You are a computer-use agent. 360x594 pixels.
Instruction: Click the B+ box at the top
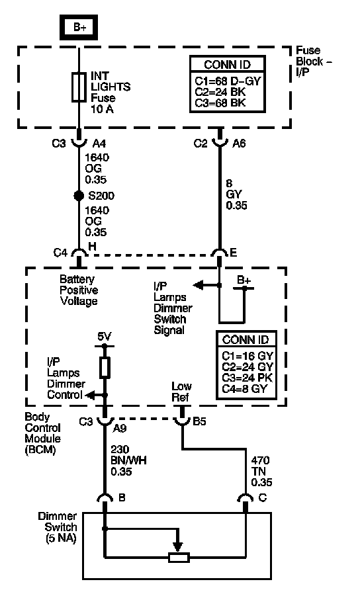[x=79, y=27]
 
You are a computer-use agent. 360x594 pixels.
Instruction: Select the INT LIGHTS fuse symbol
[x=79, y=87]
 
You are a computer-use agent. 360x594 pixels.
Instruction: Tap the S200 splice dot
[x=79, y=196]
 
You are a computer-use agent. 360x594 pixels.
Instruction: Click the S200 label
[x=101, y=196]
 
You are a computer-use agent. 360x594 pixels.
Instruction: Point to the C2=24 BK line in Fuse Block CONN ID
[x=220, y=92]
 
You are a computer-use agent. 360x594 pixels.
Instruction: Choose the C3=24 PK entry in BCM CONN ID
[x=247, y=378]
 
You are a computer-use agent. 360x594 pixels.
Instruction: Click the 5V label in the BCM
[x=105, y=337]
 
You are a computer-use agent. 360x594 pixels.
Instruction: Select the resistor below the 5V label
[x=105, y=367]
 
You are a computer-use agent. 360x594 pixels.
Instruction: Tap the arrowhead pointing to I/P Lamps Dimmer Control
[x=89, y=395]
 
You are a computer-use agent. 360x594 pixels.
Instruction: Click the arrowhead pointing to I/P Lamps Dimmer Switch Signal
[x=198, y=285]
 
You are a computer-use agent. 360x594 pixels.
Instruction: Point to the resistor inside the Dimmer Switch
[x=179, y=557]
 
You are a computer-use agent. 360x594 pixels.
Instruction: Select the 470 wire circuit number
[x=260, y=460]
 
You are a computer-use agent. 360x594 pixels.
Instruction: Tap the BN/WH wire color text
[x=128, y=460]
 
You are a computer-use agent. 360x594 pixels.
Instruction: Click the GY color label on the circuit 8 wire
[x=234, y=194]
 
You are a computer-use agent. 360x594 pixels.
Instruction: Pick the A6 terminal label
[x=239, y=143]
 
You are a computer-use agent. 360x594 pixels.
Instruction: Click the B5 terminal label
[x=199, y=421]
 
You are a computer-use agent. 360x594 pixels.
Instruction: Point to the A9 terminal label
[x=120, y=428]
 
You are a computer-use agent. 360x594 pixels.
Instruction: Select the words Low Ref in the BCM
[x=181, y=392]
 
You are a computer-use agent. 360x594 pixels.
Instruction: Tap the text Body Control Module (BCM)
[x=42, y=433]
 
